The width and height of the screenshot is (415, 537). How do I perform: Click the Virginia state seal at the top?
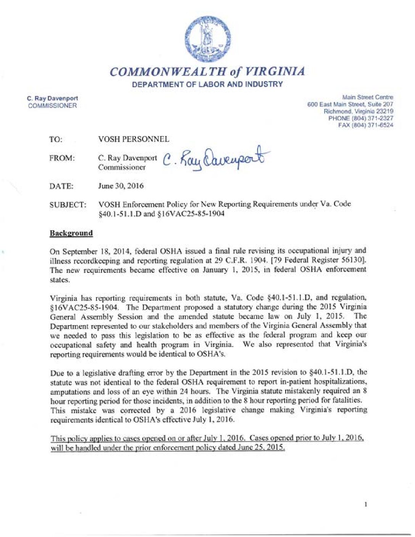pyautogui.click(x=207, y=39)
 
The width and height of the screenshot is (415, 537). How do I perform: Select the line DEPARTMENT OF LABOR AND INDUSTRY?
pyautogui.click(x=207, y=84)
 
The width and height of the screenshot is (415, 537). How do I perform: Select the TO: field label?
pyautogui.click(x=56, y=140)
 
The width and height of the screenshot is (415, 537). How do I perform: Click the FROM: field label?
pyautogui.click(x=62, y=158)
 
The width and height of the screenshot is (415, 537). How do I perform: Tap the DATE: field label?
pyautogui.click(x=61, y=187)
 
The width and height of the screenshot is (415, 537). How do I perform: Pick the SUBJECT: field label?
pyautogui.click(x=68, y=205)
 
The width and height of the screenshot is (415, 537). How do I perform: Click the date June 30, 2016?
pyautogui.click(x=121, y=186)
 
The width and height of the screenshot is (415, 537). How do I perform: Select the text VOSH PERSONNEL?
pyautogui.click(x=134, y=139)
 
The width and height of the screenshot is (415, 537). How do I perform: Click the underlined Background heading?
pyautogui.click(x=71, y=233)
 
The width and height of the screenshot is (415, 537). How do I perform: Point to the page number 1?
pyautogui.click(x=366, y=505)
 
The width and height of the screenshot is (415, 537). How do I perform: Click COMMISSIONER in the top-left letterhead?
pyautogui.click(x=52, y=106)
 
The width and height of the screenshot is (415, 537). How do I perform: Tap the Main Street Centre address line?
pyautogui.click(x=368, y=98)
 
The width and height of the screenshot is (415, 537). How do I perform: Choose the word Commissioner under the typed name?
pyautogui.click(x=122, y=167)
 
